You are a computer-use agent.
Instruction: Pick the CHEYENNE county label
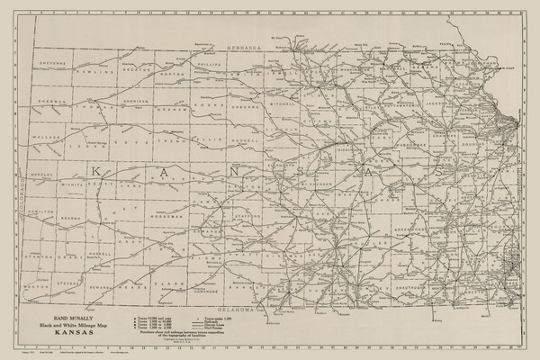(51, 64)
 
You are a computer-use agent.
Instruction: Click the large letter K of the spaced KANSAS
(93, 170)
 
